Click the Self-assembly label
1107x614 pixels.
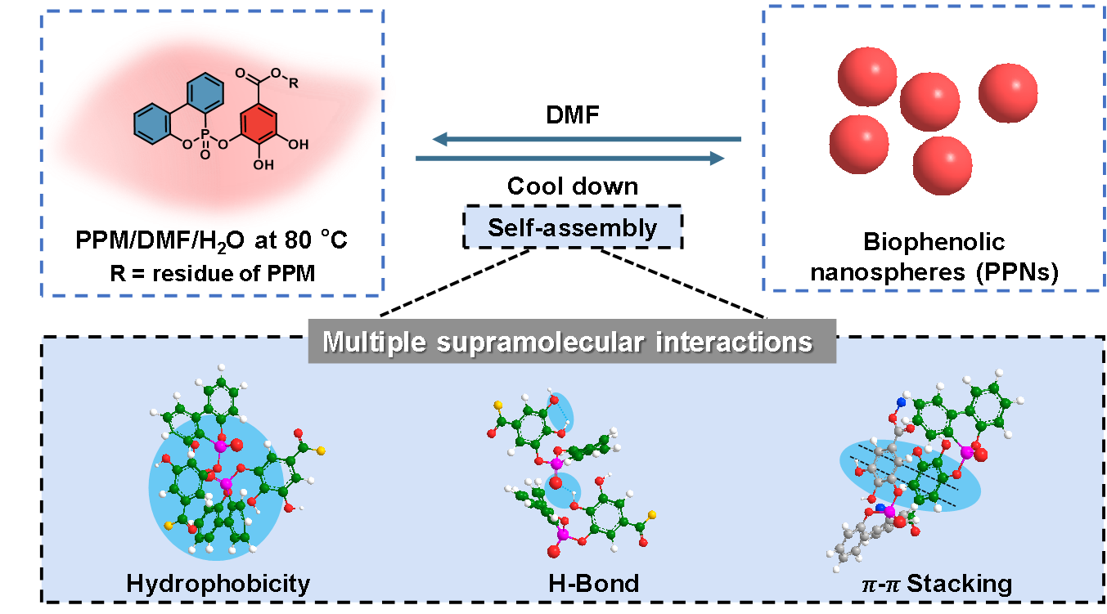[572, 227]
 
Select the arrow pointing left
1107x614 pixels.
[586, 140]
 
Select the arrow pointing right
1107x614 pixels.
[570, 158]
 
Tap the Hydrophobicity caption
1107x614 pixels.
[218, 584]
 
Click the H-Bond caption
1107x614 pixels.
[593, 584]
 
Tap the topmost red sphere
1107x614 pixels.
[866, 76]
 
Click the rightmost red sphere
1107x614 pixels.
[1007, 92]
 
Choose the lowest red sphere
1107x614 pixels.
[942, 165]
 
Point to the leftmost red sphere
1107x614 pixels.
[858, 144]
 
